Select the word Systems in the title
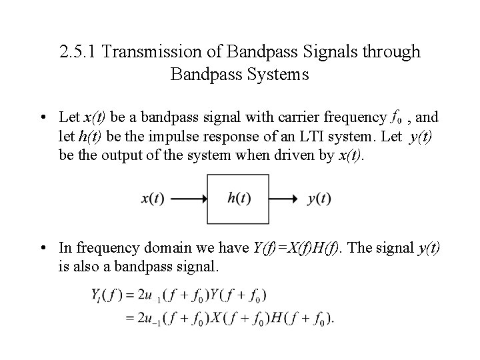tap(279, 74)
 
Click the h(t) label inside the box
tap(239, 199)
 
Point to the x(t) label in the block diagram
tap(154, 199)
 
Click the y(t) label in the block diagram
tap(320, 199)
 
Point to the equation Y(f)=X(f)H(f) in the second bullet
tap(296, 248)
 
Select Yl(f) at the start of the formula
tap(106, 295)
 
